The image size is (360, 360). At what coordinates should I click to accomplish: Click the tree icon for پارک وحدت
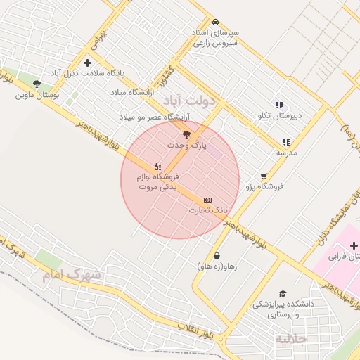(186, 134)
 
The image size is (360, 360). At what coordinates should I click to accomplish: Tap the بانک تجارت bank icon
(207, 200)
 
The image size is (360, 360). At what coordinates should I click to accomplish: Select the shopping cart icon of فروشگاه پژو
(264, 176)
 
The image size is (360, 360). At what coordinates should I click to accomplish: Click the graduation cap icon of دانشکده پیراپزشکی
(283, 293)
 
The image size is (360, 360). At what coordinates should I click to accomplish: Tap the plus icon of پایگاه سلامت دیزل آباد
(87, 63)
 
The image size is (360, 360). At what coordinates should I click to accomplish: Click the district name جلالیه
(290, 340)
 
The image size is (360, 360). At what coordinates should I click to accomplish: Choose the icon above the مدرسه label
(285, 142)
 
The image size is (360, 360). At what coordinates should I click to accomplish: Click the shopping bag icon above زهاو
(217, 255)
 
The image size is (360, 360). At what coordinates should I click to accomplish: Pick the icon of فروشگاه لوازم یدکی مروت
(157, 167)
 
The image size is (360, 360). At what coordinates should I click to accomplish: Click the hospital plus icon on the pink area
(353, 245)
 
